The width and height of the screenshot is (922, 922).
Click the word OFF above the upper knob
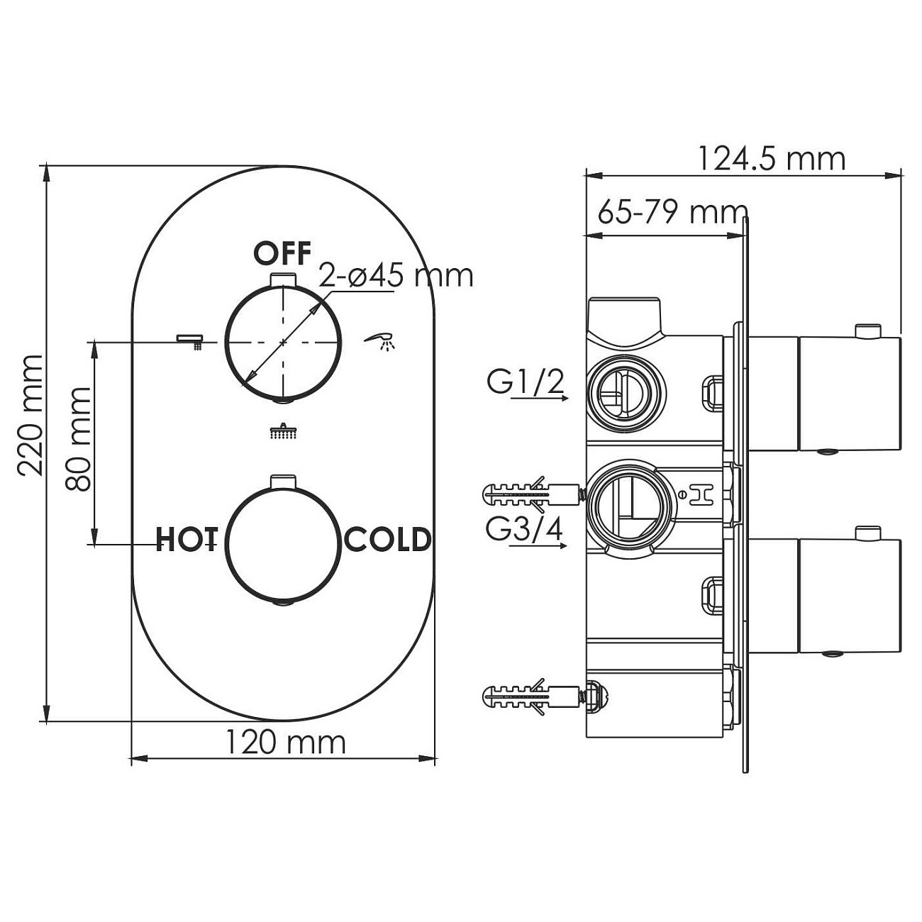282,254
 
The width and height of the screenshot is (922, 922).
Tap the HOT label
187,539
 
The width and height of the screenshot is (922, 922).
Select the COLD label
387,539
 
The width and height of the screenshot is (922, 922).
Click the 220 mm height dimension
30,416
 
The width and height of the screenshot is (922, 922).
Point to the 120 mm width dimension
285,743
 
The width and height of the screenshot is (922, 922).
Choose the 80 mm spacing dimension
78,439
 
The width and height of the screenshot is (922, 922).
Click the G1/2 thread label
526,382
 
